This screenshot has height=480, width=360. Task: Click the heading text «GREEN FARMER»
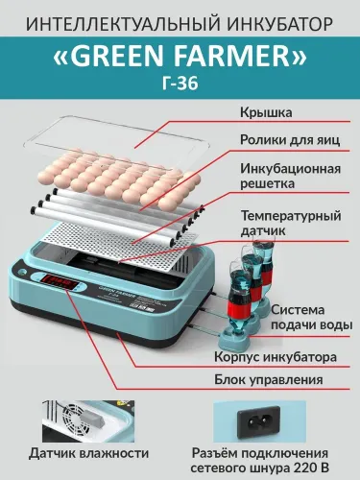[x=180, y=60]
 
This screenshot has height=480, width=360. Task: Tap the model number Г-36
[x=180, y=89]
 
